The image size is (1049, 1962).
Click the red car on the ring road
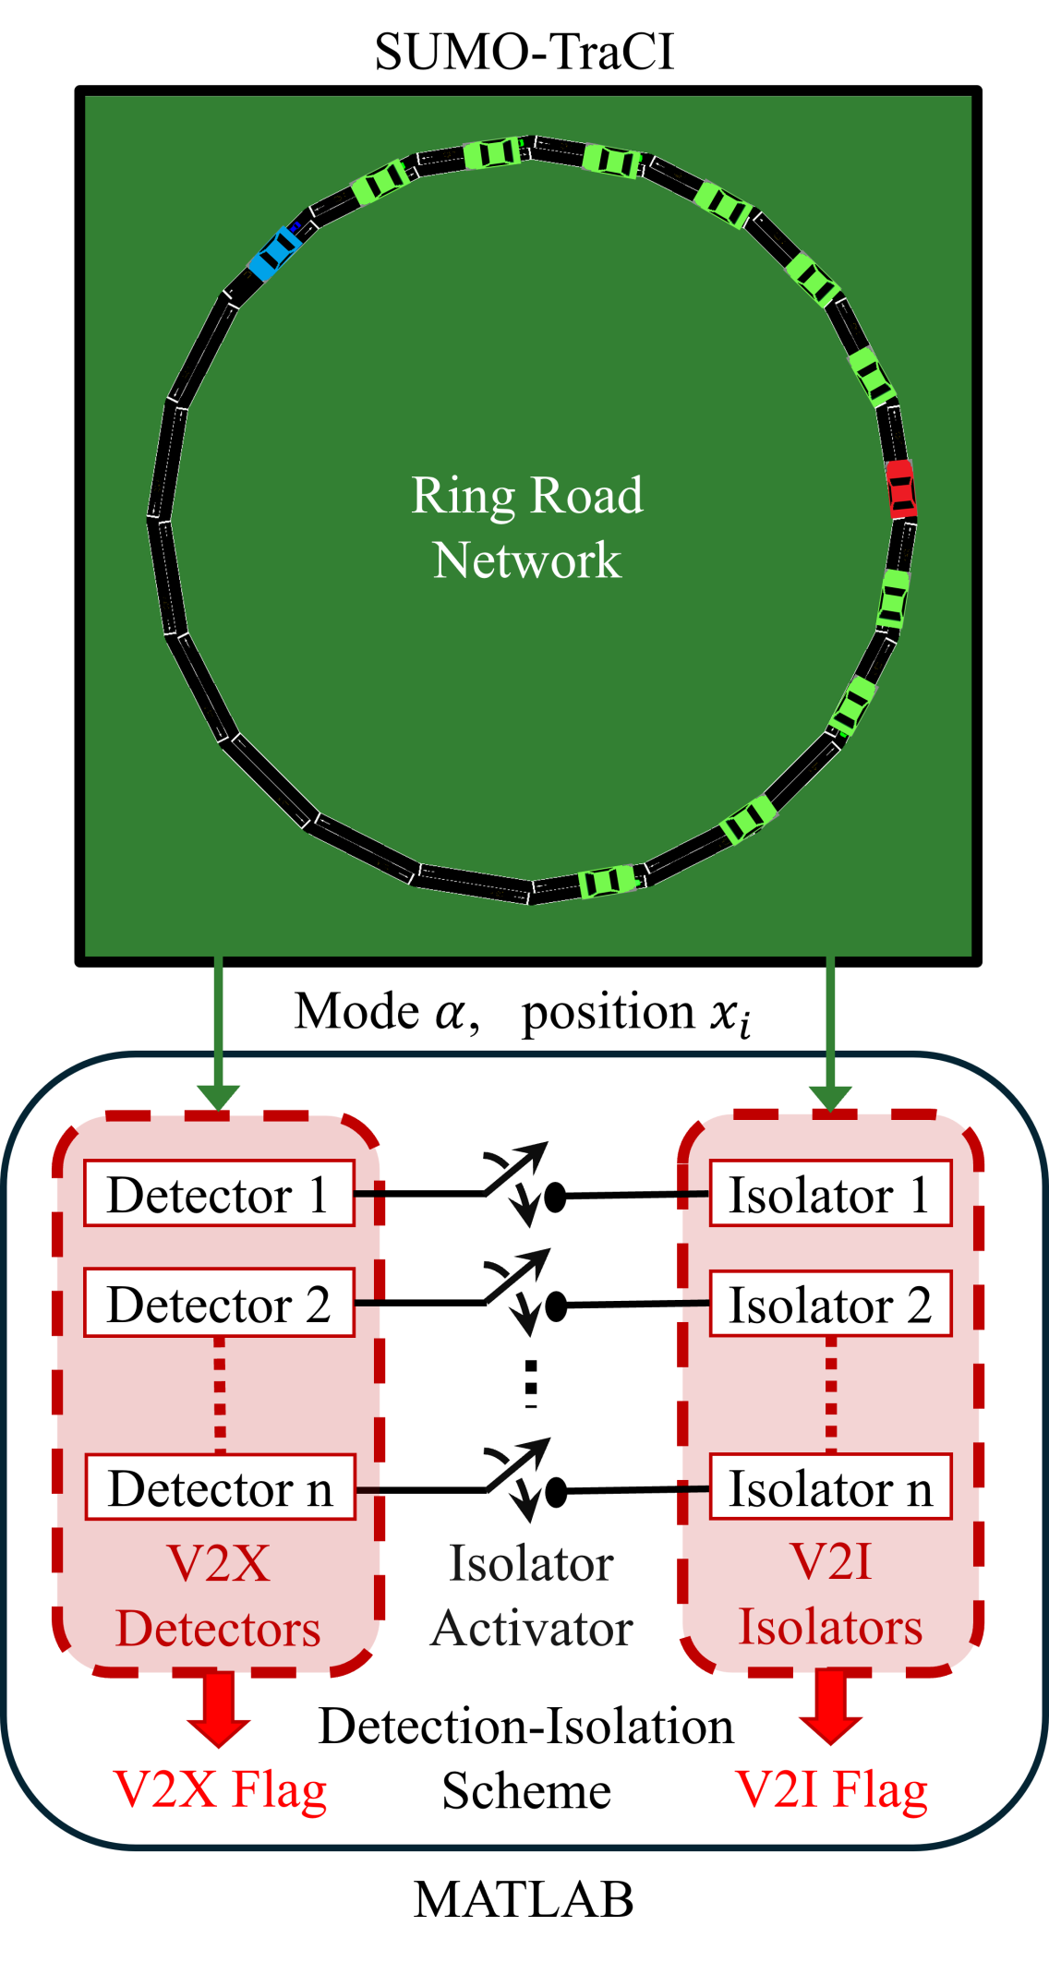pyautogui.click(x=900, y=488)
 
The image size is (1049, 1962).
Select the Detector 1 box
pyautogui.click(x=219, y=1194)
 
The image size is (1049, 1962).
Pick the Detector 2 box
pyautogui.click(x=219, y=1303)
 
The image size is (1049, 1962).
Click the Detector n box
pyautogui.click(x=220, y=1487)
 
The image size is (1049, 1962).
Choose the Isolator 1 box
pyautogui.click(x=830, y=1194)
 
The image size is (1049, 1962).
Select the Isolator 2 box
pyautogui.click(x=830, y=1303)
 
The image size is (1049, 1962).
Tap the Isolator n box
pyautogui.click(x=830, y=1487)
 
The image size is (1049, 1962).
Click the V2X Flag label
pyautogui.click(x=220, y=1789)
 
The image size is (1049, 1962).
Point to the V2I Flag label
pyautogui.click(x=831, y=1789)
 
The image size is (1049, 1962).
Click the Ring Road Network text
pyautogui.click(x=527, y=527)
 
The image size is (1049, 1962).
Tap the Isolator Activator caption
pyautogui.click(x=531, y=1595)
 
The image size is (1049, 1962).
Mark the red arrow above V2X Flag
pyautogui.click(x=219, y=1710)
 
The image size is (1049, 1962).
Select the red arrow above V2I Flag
pyautogui.click(x=831, y=1708)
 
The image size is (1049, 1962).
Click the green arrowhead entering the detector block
pyautogui.click(x=219, y=1097)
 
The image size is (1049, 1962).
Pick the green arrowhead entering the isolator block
pyautogui.click(x=830, y=1097)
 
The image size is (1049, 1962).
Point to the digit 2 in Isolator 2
pyautogui.click(x=919, y=1304)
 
